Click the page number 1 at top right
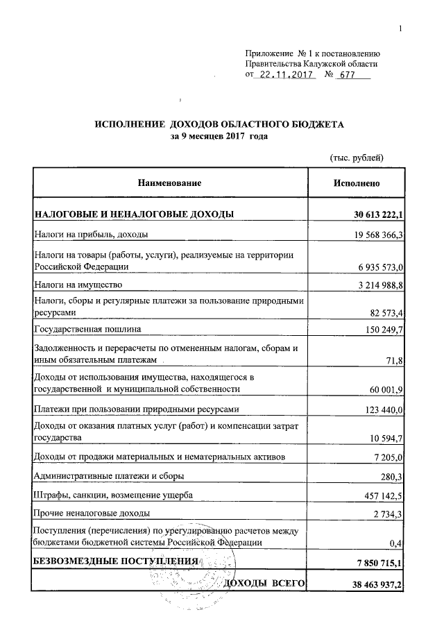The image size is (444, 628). point(401,28)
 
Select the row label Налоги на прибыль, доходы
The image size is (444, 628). point(90,234)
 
